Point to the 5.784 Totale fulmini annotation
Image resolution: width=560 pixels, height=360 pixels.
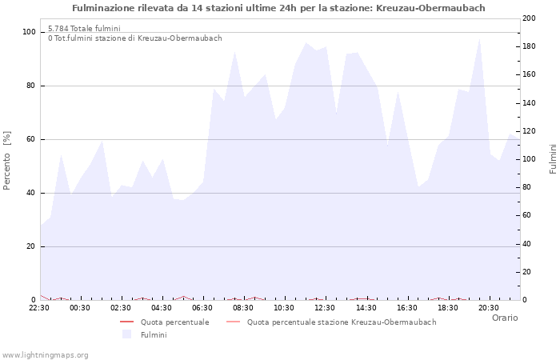coord(84,28)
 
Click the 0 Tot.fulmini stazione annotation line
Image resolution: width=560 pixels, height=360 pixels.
coord(134,38)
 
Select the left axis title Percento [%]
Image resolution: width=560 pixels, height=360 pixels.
coord(7,160)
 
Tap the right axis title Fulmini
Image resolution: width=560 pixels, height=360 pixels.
coord(553,159)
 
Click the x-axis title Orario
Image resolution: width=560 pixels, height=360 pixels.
coord(504,318)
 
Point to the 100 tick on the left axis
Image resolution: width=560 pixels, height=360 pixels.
coord(29,32)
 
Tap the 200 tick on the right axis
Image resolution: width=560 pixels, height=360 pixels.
coord(530,18)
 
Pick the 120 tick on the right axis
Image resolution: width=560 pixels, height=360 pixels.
coord(530,131)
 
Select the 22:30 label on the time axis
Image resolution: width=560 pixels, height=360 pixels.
coord(39,307)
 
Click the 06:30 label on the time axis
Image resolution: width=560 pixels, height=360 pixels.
coord(202,307)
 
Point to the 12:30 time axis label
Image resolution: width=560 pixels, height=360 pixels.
coord(325,307)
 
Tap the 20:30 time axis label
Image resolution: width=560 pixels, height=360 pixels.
coord(488,307)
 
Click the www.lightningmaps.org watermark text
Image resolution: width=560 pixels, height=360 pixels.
coord(45,354)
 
